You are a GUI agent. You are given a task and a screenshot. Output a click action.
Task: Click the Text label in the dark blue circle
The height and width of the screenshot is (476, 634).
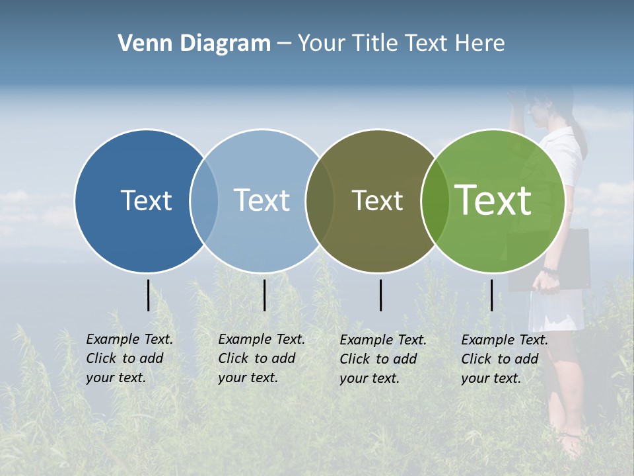(x=146, y=200)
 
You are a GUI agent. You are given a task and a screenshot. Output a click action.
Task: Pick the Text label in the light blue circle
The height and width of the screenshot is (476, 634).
(x=262, y=200)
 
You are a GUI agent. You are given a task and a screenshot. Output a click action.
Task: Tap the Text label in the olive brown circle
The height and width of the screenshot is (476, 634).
(x=377, y=201)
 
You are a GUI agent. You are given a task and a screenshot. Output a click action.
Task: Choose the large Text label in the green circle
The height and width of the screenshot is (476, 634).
(x=493, y=200)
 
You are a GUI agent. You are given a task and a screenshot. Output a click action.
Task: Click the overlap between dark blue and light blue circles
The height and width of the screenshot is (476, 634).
(x=204, y=201)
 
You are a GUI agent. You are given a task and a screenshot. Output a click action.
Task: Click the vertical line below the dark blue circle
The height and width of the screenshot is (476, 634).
(x=148, y=295)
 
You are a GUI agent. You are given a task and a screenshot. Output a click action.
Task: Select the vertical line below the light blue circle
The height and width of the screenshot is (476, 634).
(x=264, y=295)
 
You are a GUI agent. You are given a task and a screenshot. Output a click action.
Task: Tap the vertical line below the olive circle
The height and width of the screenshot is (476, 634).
(x=380, y=295)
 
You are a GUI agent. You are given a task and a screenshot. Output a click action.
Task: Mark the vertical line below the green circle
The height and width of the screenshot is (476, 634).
(x=491, y=295)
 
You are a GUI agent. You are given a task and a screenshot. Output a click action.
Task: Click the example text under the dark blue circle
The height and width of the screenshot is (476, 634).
(x=129, y=358)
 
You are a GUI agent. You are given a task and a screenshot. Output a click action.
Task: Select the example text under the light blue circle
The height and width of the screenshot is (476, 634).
(x=261, y=358)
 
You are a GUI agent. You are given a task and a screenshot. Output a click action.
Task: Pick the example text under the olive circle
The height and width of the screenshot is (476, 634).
(x=382, y=359)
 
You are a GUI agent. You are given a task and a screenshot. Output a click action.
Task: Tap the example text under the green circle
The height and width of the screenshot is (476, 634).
(x=504, y=359)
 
